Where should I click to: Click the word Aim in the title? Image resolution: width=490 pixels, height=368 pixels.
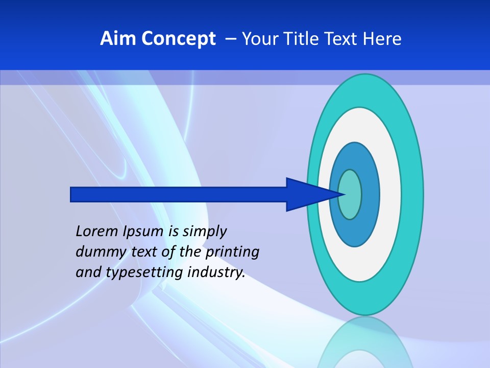[118, 39]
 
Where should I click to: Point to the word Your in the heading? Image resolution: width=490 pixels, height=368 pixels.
[258, 39]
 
